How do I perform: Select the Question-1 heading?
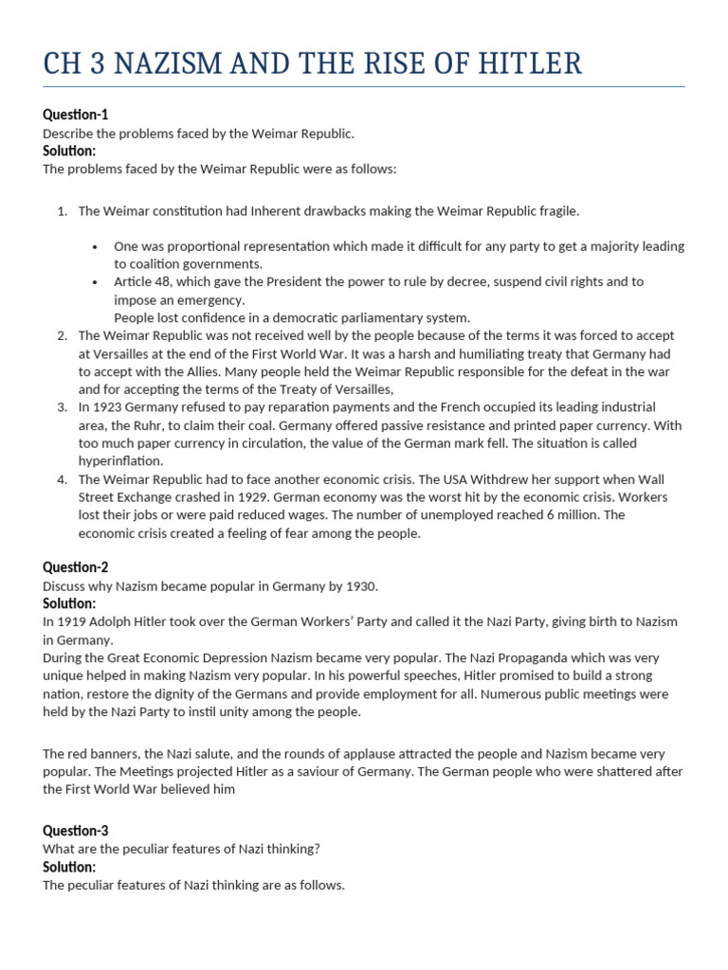click(76, 115)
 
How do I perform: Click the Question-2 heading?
click(76, 567)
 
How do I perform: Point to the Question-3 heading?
click(76, 831)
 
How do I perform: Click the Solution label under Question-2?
click(69, 603)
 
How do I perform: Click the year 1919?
click(73, 621)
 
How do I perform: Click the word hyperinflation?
click(120, 461)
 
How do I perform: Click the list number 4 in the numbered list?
click(62, 479)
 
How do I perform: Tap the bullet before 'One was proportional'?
click(96, 246)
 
